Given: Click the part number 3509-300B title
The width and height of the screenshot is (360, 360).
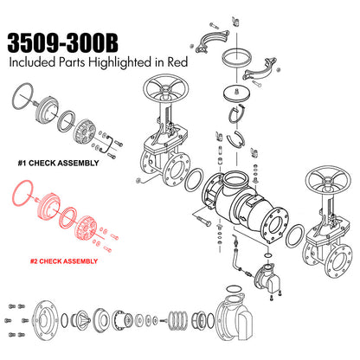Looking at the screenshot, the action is pos(62,43).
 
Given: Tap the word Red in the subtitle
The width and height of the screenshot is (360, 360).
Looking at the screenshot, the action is pos(177,62).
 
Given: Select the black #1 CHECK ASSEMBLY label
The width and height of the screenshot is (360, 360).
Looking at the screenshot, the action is pos(58,163).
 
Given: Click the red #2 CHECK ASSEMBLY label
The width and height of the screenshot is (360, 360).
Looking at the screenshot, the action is pos(64,261).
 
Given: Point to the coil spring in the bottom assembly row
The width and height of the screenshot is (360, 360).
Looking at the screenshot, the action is pos(177,320).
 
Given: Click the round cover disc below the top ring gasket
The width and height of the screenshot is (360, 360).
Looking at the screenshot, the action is pos(237,94).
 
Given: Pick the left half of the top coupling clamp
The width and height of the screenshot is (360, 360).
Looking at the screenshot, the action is pos(212,40).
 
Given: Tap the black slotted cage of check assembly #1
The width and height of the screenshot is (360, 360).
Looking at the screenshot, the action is pos(86,132).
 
